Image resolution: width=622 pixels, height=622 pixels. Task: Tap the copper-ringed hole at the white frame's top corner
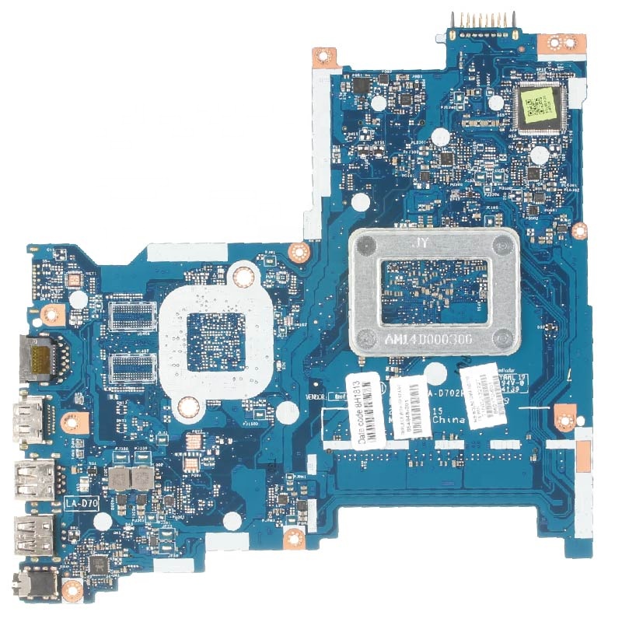point(243,274)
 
